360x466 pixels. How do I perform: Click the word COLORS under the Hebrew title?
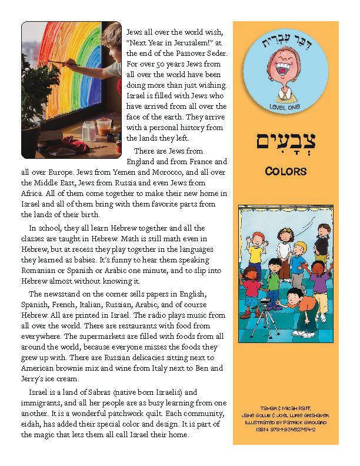click(285, 171)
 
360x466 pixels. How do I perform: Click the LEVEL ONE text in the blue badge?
click(285, 105)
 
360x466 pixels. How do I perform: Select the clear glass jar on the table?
click(89, 131)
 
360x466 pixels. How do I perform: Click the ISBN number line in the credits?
click(285, 430)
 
